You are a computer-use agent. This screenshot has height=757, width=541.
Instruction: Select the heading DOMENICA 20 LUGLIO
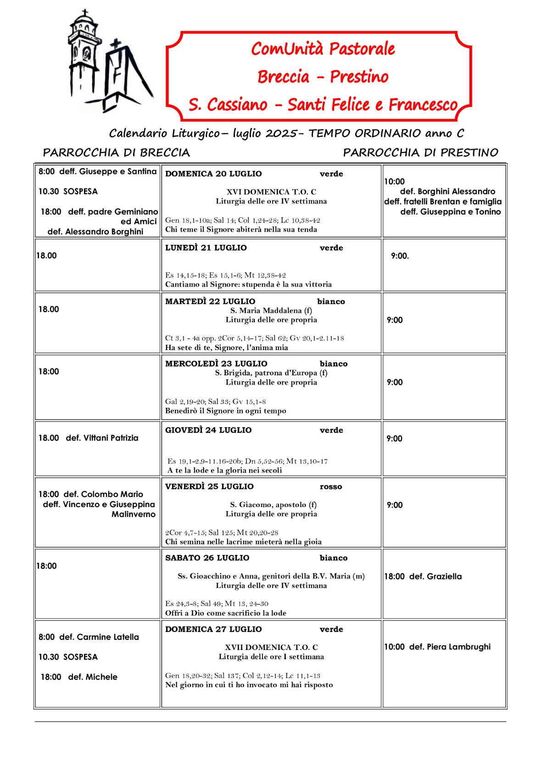pyautogui.click(x=213, y=174)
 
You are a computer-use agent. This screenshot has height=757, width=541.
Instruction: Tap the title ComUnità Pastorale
pyautogui.click(x=323, y=49)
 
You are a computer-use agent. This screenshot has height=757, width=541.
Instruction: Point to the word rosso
pyautogui.click(x=331, y=486)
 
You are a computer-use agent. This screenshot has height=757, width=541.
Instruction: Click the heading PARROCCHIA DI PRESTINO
pyautogui.click(x=420, y=153)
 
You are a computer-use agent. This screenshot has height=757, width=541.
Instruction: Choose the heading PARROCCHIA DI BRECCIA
pyautogui.click(x=116, y=153)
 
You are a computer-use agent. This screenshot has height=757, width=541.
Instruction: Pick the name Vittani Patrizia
pyautogui.click(x=111, y=438)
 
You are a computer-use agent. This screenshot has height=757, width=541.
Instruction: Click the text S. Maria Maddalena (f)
pyautogui.click(x=271, y=311)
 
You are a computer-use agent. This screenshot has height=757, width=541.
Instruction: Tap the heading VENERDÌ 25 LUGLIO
pyautogui.click(x=209, y=486)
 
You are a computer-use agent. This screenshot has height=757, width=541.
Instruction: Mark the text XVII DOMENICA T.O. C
pyautogui.click(x=271, y=647)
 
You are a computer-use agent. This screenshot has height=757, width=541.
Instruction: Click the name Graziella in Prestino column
pyautogui.click(x=444, y=576)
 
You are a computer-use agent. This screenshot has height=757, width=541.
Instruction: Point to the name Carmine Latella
pyautogui.click(x=108, y=637)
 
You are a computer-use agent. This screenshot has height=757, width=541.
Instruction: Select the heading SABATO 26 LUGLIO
pyautogui.click(x=207, y=558)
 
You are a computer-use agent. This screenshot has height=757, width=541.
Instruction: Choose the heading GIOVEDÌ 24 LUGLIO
pyautogui.click(x=208, y=430)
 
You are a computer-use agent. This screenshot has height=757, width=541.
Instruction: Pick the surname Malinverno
pyautogui.click(x=134, y=514)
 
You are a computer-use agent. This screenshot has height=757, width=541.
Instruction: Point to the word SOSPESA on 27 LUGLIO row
pyautogui.click(x=80, y=657)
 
